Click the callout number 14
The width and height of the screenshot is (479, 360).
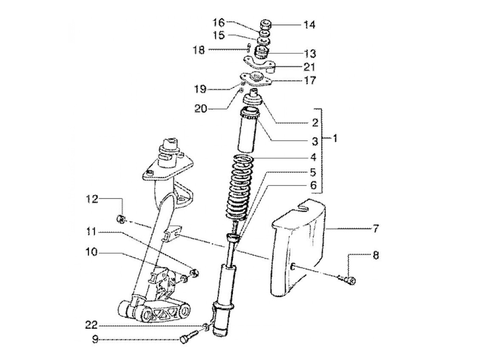coord(309,25)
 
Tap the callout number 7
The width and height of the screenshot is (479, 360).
coord(376,228)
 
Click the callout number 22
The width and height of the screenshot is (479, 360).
coord(92,324)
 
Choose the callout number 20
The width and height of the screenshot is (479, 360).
coord(201,110)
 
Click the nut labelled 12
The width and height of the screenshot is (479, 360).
coord(120,219)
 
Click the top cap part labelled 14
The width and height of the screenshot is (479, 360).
coord(266,25)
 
